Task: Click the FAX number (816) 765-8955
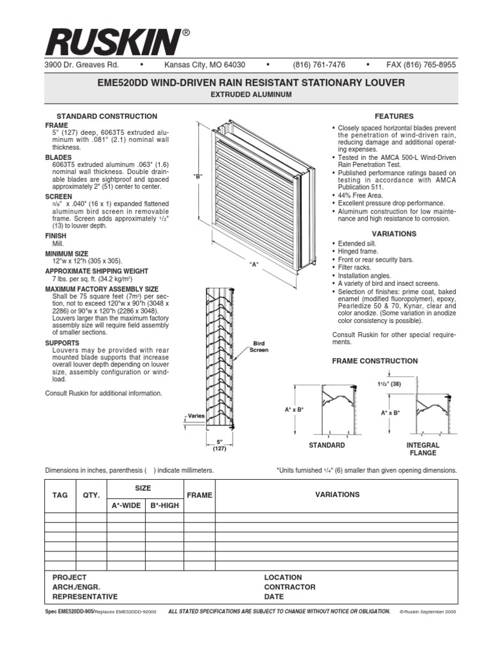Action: click(421, 65)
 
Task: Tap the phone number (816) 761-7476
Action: click(319, 65)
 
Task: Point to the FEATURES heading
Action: click(394, 116)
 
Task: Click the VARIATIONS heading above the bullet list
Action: click(394, 234)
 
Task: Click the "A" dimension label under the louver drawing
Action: click(254, 264)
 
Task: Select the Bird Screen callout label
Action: click(259, 347)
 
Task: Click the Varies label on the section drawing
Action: click(196, 416)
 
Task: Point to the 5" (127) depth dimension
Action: click(219, 445)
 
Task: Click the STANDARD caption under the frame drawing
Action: click(327, 445)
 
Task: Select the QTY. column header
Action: click(91, 494)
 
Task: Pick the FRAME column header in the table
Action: click(199, 495)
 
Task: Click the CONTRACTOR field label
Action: click(290, 587)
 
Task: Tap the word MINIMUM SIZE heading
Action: click(67, 253)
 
